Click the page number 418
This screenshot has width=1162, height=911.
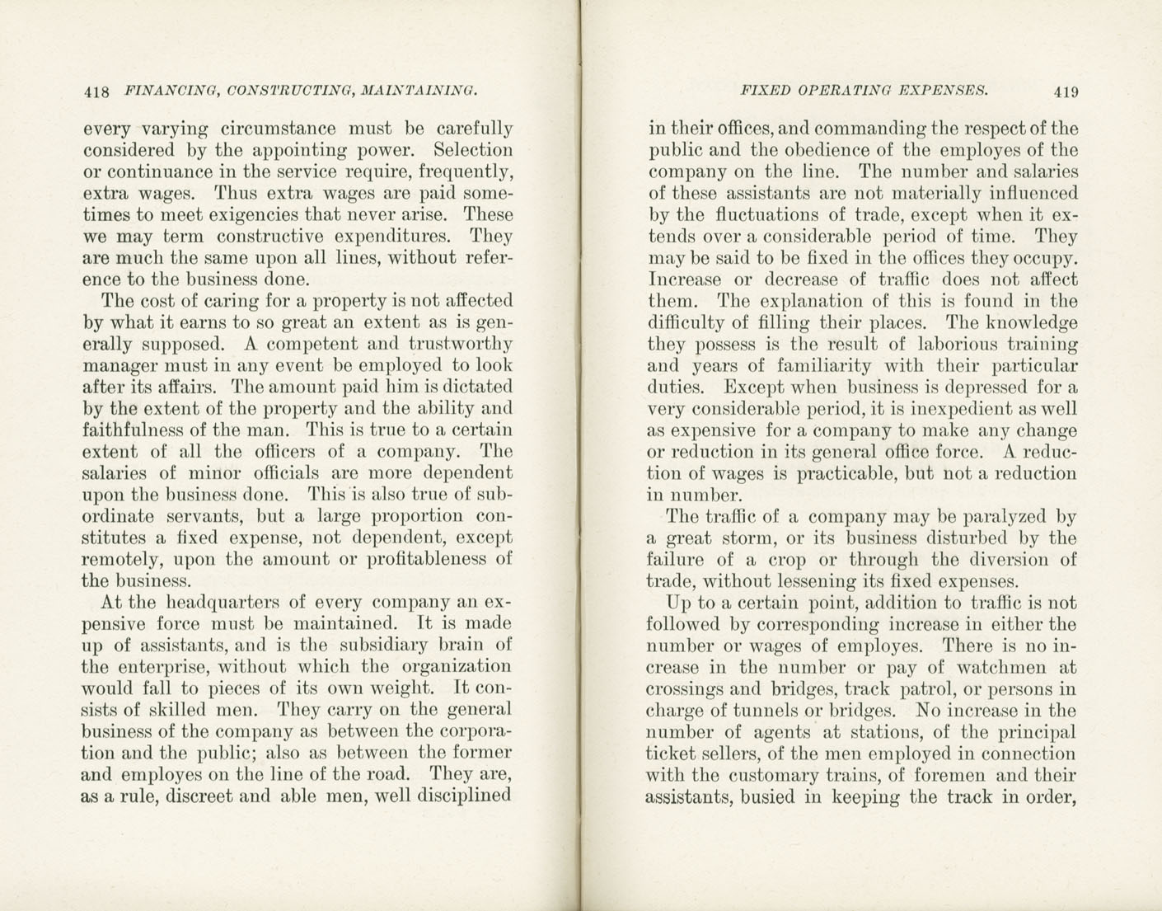(97, 92)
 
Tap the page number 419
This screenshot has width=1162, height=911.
(1065, 92)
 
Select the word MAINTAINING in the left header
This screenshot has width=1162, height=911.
(419, 91)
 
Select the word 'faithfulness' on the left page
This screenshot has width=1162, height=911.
(133, 430)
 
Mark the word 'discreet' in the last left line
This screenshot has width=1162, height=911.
(202, 796)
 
